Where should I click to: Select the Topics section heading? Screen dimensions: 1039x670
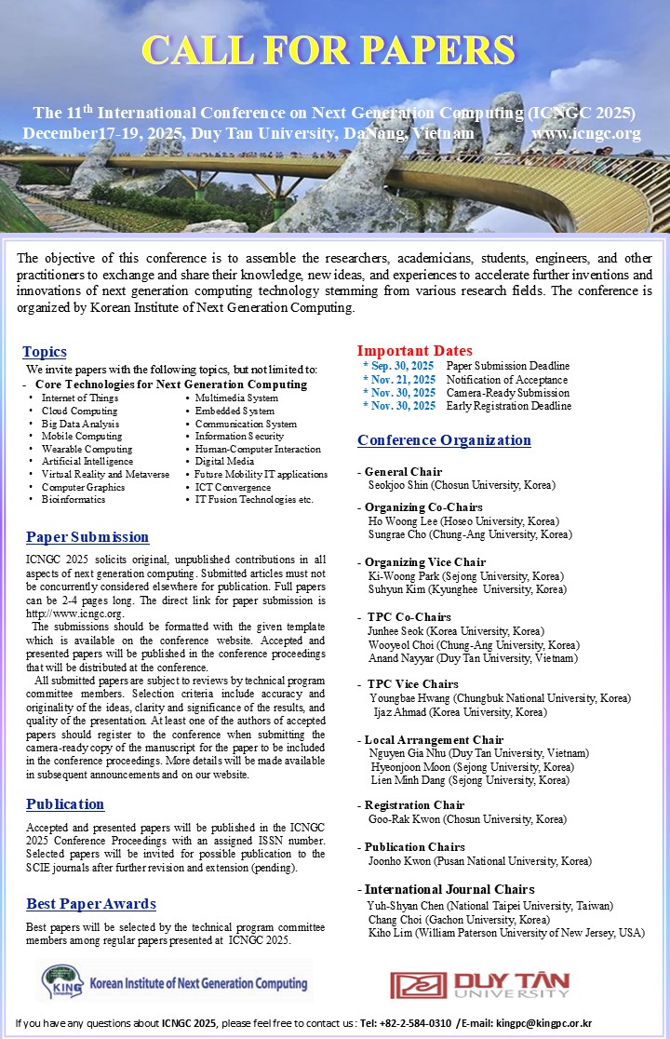45,352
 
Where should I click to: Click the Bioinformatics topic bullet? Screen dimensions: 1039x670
74,499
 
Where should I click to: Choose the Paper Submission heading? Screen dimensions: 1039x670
87,537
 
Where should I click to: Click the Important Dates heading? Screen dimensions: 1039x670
415,351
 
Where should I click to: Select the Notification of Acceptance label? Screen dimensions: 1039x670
506,380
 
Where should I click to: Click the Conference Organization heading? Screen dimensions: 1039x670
444,440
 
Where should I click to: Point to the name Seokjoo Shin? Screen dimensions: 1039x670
400,485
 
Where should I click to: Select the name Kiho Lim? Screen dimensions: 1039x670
390,932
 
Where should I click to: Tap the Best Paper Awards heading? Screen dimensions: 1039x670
91,904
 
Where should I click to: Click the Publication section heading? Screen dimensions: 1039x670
65,804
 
